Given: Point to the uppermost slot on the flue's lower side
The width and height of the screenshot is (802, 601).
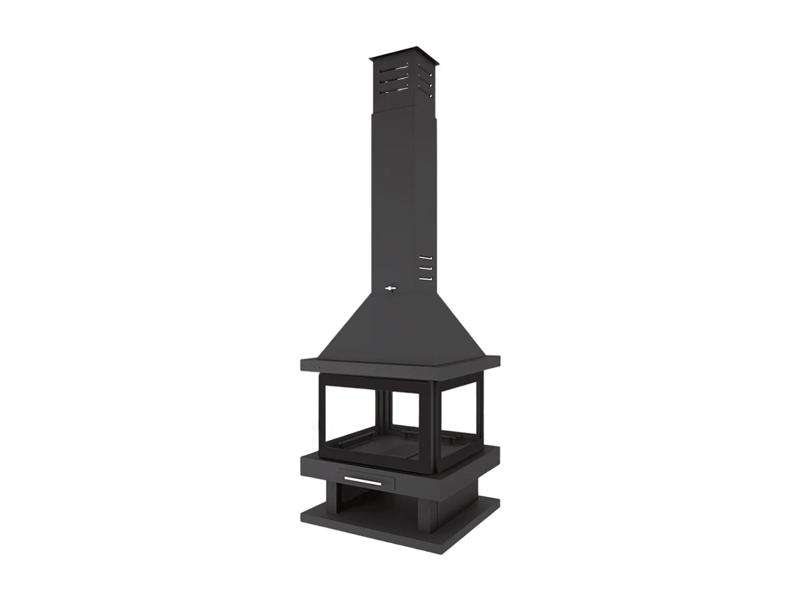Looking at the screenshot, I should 426,257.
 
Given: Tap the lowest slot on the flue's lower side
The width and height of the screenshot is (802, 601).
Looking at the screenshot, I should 426,279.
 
